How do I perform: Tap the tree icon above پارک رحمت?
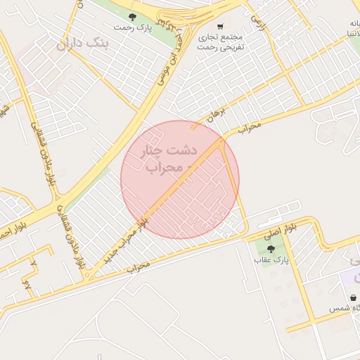tap(130, 15)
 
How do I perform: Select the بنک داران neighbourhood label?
tap(84, 44)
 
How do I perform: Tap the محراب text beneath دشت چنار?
tap(169, 168)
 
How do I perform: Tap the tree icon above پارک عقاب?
tap(271, 248)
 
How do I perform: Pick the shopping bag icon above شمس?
tap(351, 297)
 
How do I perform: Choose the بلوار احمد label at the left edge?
tap(6, 230)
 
